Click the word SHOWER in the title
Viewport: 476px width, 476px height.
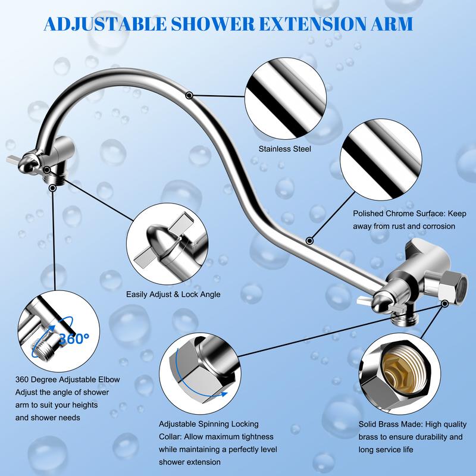click(212, 24)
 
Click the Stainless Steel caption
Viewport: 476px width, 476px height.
click(285, 149)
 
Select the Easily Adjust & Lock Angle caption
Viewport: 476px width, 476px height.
click(173, 294)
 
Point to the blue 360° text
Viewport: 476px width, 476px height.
click(74, 338)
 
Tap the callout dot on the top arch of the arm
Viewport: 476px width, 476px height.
click(189, 95)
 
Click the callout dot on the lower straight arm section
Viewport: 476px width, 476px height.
click(309, 241)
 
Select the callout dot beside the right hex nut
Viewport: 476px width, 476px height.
click(444, 303)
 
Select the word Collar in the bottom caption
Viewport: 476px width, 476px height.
click(170, 437)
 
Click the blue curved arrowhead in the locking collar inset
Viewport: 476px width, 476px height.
click(224, 394)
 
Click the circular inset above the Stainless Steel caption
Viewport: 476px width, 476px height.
click(286, 98)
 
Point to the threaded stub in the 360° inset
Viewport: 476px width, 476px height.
click(42, 349)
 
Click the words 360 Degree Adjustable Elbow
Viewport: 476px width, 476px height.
click(67, 380)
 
